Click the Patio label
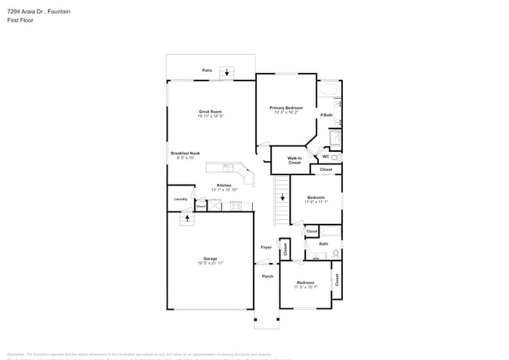click(207, 70)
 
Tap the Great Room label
click(210, 112)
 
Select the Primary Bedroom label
click(286, 107)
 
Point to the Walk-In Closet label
click(294, 160)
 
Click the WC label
click(326, 157)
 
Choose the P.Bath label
click(327, 116)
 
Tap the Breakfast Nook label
click(186, 153)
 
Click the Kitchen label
click(224, 185)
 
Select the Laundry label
click(180, 199)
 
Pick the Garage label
click(210, 258)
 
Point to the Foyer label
click(266, 247)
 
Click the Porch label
click(267, 276)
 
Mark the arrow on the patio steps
click(227, 74)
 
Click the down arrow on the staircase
click(282, 199)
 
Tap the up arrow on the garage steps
click(186, 219)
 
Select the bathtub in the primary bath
click(329, 91)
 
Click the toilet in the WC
click(336, 157)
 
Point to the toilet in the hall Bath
click(336, 253)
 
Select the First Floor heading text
click(20, 20)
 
